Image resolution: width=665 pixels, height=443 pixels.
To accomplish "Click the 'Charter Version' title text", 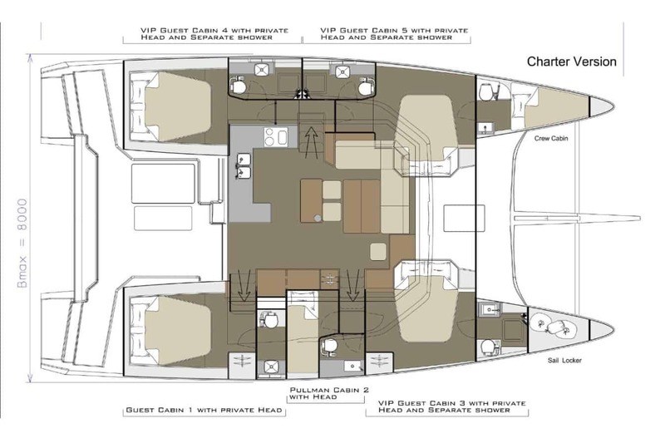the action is (571, 62).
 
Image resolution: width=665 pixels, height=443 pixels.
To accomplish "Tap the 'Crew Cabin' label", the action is (551, 138).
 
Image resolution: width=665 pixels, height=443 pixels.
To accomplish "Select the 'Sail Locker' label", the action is (564, 361).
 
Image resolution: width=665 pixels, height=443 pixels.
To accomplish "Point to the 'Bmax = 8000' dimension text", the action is (22, 243).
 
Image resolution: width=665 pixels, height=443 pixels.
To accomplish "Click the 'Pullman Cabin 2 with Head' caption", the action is (329, 393).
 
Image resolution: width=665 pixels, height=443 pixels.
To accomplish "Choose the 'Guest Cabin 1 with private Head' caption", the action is (204, 410).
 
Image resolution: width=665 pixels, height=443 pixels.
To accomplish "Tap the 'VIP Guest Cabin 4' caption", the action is (214, 34).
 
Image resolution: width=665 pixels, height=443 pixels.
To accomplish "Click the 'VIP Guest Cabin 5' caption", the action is (394, 34).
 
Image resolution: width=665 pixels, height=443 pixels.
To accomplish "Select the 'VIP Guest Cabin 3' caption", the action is (451, 406).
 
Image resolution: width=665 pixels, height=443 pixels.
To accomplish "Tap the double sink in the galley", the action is (244, 166).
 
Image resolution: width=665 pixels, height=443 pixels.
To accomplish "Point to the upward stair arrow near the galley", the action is (312, 142).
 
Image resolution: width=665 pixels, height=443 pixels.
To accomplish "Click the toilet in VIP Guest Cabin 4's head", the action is (238, 86).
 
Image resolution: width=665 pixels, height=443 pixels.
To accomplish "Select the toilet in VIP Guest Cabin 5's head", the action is (366, 86).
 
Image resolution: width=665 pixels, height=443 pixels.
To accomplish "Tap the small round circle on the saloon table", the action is (318, 218).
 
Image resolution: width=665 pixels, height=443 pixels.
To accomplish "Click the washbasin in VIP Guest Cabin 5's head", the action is (342, 71).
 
